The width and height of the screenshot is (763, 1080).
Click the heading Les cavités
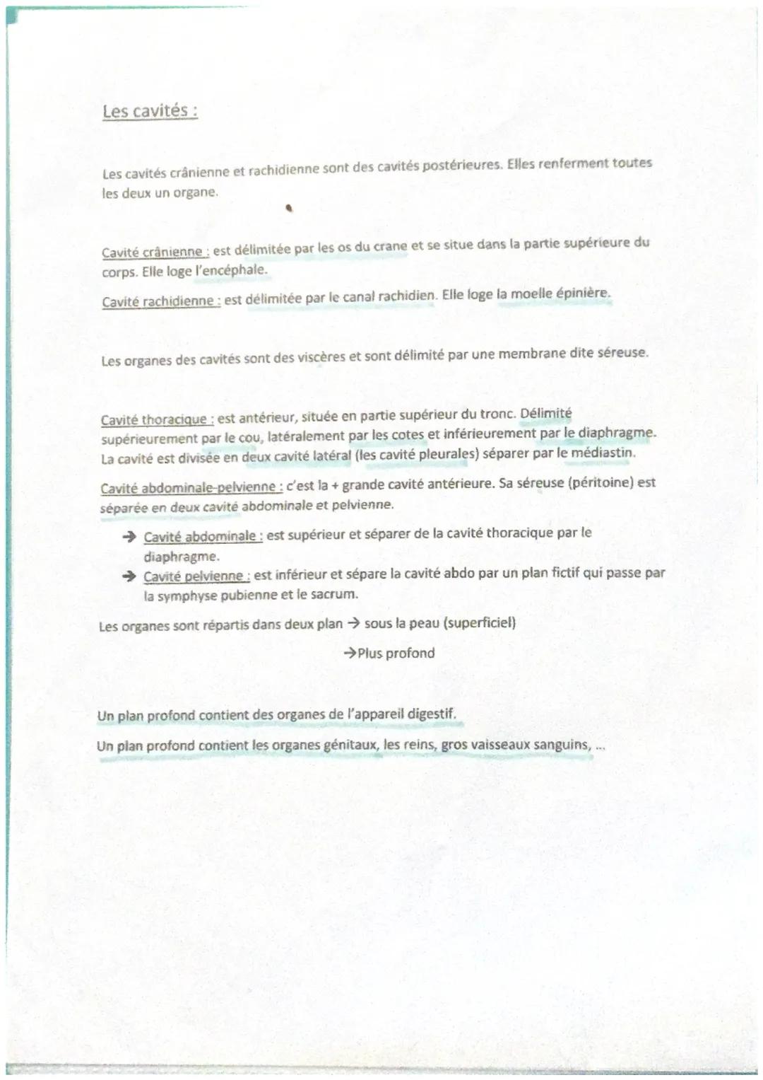tap(149, 111)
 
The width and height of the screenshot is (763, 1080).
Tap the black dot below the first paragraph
tap(288, 209)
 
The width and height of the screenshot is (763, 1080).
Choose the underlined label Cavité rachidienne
tap(160, 301)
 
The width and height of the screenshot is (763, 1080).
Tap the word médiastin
tap(602, 452)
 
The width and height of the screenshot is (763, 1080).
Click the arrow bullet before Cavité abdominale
tap(129, 538)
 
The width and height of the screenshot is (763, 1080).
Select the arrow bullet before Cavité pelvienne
tap(129, 577)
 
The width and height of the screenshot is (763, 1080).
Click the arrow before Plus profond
tap(350, 654)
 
